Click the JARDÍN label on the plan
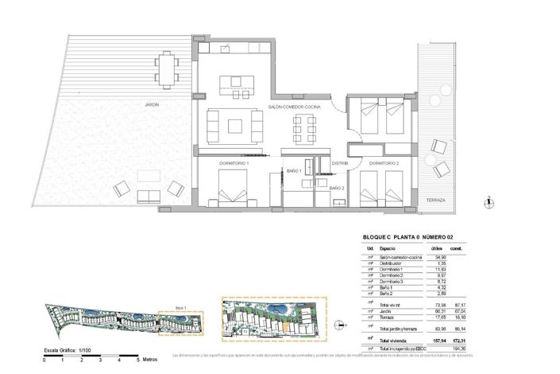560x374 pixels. click(x=152, y=104)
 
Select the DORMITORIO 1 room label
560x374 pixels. click(x=234, y=163)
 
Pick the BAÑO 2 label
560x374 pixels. click(x=338, y=188)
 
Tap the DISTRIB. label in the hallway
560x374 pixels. click(x=340, y=163)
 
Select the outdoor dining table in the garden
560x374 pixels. click(x=167, y=68)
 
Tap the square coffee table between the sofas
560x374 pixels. click(x=235, y=126)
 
